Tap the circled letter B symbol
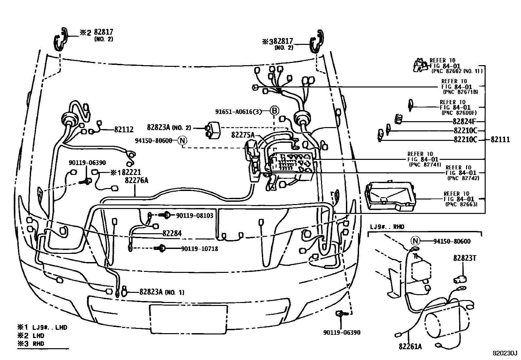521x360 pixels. (x=275, y=111)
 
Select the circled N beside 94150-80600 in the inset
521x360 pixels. (x=416, y=241)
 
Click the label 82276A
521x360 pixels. (x=136, y=180)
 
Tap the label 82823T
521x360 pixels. (x=464, y=258)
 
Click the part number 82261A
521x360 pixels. (x=410, y=346)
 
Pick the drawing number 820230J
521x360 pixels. (x=505, y=353)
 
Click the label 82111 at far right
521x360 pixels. (x=500, y=140)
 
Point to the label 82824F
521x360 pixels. (x=464, y=121)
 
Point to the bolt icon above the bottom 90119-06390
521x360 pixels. (x=340, y=314)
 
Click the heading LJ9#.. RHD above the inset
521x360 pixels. (x=387, y=227)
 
